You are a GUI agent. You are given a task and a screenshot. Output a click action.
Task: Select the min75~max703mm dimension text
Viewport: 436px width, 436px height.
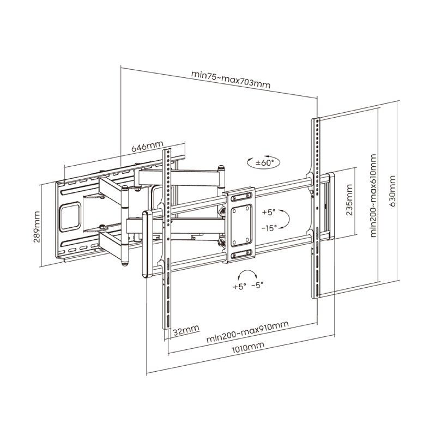[231, 79]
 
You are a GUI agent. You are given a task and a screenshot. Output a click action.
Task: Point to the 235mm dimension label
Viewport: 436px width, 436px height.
[349, 201]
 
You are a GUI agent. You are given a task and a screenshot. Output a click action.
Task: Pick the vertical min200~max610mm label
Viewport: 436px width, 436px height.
[373, 196]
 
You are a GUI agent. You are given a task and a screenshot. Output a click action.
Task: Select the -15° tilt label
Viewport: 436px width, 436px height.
[269, 227]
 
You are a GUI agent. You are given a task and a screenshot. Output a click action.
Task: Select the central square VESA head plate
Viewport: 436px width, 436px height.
[240, 225]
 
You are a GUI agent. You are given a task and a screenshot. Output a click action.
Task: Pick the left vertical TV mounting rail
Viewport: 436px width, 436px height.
[167, 240]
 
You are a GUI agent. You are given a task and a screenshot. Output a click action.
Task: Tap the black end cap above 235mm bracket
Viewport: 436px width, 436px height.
[330, 175]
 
